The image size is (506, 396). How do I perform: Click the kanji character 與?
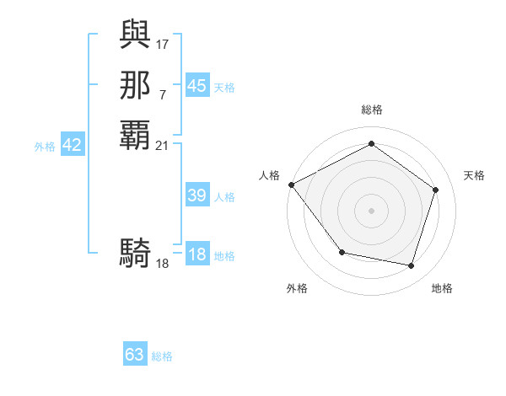point(135,35)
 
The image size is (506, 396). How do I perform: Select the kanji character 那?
point(135,85)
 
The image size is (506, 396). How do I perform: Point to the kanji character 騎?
point(135,252)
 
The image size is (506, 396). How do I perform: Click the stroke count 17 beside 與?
point(163,42)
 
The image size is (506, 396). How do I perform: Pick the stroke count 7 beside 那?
point(163,94)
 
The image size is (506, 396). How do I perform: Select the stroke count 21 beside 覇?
point(163,145)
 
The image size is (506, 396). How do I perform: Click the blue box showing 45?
point(196,86)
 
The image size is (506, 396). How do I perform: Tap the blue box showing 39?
point(196,195)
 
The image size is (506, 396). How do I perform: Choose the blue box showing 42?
point(72,145)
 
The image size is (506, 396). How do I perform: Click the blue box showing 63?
point(135,355)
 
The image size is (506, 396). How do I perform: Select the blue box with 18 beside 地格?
point(196,255)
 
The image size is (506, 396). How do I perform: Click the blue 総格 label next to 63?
point(162,356)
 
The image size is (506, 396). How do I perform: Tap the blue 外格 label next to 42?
point(45,147)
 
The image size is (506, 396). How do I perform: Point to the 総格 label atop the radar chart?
point(371,110)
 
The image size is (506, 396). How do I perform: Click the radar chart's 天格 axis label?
point(474,175)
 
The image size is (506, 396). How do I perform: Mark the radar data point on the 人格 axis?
point(291,185)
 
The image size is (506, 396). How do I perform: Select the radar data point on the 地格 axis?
point(411,266)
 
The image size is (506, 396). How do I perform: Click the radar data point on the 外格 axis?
point(342,252)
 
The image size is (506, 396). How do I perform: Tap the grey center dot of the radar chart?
point(371,211)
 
